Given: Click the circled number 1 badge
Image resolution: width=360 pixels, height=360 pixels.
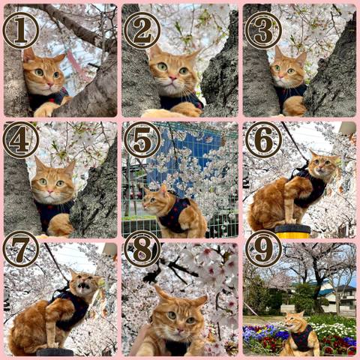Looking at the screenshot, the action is click(21, 31).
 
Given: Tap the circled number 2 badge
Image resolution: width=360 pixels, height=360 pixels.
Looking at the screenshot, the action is click(142, 31).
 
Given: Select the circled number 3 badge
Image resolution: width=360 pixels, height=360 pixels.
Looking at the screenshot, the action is click(263, 31).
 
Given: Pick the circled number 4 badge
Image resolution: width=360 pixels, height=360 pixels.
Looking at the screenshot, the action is click(21, 140).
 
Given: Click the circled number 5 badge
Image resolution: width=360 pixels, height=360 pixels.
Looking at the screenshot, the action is click(142, 140).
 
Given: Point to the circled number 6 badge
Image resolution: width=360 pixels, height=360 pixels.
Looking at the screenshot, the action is click(263, 140).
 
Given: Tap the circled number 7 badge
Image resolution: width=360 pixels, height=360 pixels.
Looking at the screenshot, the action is click(21, 249).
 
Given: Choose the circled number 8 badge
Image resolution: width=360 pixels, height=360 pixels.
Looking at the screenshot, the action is click(142, 249).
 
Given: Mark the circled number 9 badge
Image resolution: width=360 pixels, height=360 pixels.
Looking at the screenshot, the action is click(263, 249).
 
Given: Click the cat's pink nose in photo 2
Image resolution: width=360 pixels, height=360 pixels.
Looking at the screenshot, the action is click(172, 78).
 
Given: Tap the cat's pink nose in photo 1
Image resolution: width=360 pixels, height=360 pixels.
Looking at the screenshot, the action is click(51, 84).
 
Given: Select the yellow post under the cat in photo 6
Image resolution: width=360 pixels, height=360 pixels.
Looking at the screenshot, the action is click(292, 232).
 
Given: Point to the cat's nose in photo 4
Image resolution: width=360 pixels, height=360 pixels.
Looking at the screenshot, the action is click(50, 192).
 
